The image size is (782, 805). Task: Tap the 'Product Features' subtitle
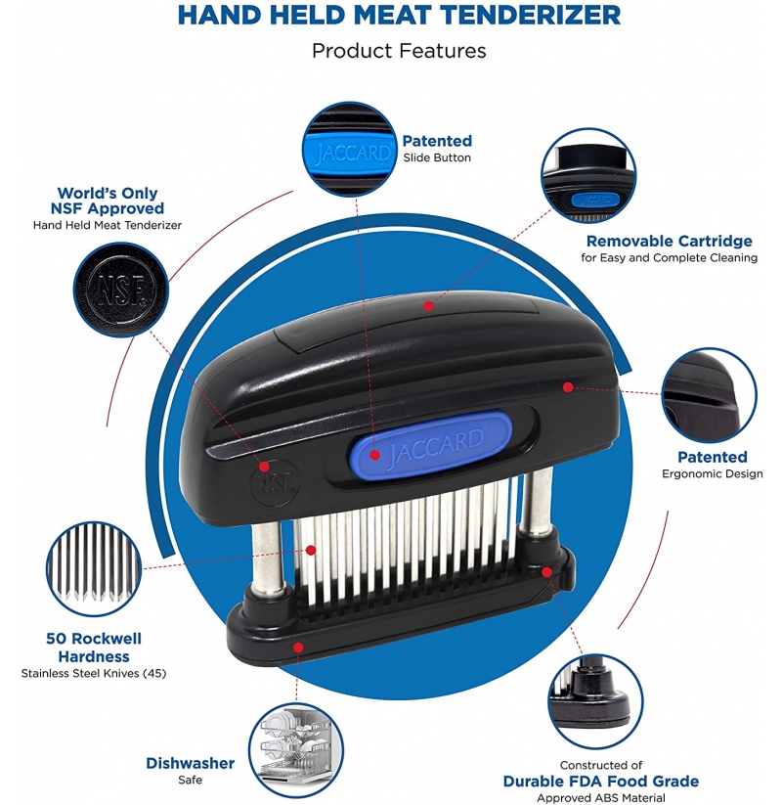point(399,51)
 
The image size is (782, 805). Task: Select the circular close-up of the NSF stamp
point(120,290)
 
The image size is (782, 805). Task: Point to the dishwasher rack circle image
point(296,750)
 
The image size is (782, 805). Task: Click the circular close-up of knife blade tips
point(94,569)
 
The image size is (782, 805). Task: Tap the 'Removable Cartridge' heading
point(670,241)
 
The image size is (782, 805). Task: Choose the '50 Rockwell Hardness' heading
point(94,648)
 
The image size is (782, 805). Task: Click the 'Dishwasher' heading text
point(190,763)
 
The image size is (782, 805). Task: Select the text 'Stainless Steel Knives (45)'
point(94,673)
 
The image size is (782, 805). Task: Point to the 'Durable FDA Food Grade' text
point(601,781)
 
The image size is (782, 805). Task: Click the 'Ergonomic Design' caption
point(713,473)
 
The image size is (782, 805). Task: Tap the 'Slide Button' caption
point(437,157)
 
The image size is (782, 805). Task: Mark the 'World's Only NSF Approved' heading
point(108,201)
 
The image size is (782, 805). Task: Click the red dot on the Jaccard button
point(375,455)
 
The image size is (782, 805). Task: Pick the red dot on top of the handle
point(428,306)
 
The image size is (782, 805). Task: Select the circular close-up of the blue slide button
point(350,149)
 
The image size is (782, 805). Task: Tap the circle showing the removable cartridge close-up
point(588,176)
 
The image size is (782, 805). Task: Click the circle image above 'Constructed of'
point(595,701)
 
